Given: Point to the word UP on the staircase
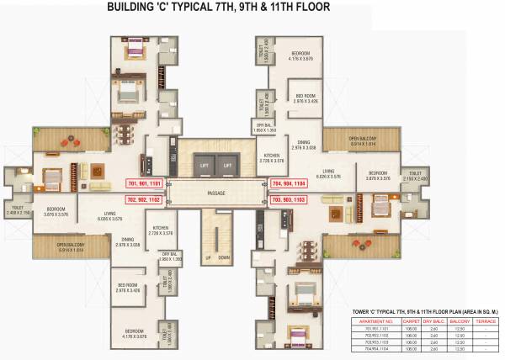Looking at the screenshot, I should [208, 257].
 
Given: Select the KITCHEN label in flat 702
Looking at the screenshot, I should [160, 229].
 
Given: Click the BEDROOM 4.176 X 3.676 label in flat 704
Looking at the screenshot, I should [300, 55].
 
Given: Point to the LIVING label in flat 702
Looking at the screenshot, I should [110, 216].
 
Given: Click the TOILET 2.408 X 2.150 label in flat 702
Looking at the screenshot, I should [19, 210].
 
